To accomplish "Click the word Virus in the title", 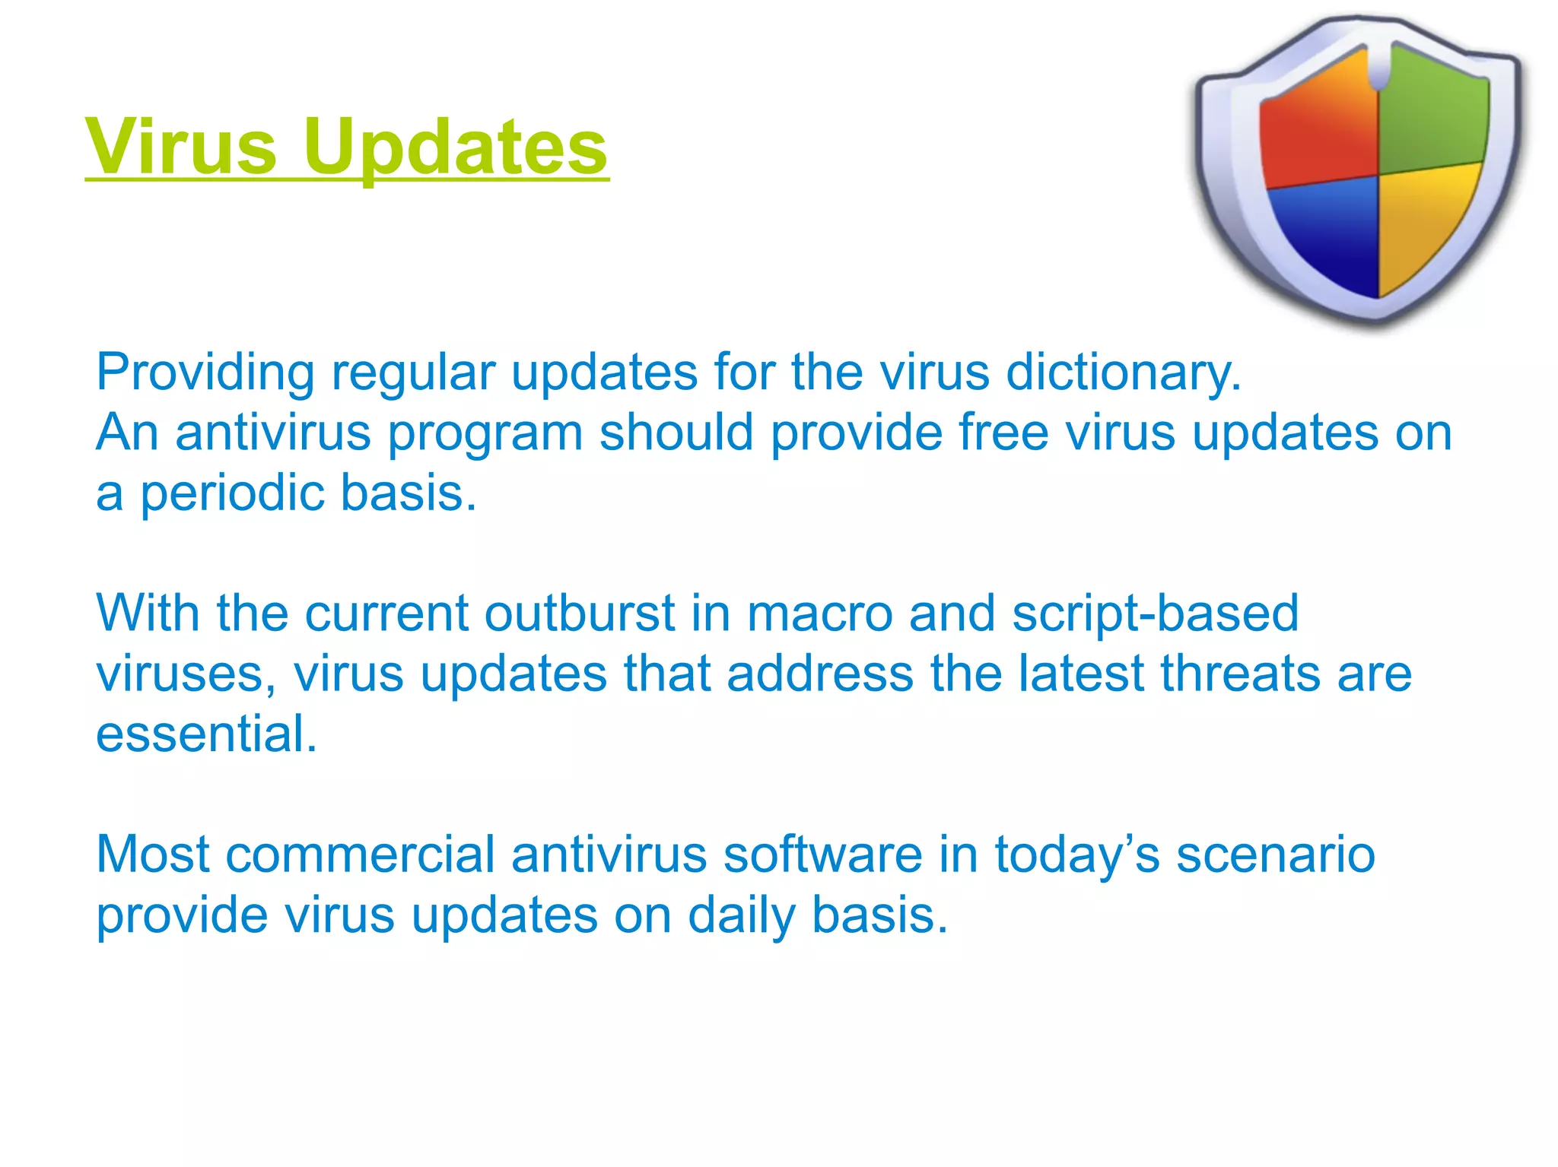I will click(181, 146).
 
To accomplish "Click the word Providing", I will click(205, 373).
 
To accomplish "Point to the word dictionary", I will click(1123, 373).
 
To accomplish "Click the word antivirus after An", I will click(272, 433).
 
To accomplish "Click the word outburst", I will click(579, 614).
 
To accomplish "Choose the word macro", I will click(819, 614).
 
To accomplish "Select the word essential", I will click(205, 734).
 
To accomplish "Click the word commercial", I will click(360, 855).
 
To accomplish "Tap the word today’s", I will click(1077, 855).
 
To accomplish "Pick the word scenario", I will click(1276, 855).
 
